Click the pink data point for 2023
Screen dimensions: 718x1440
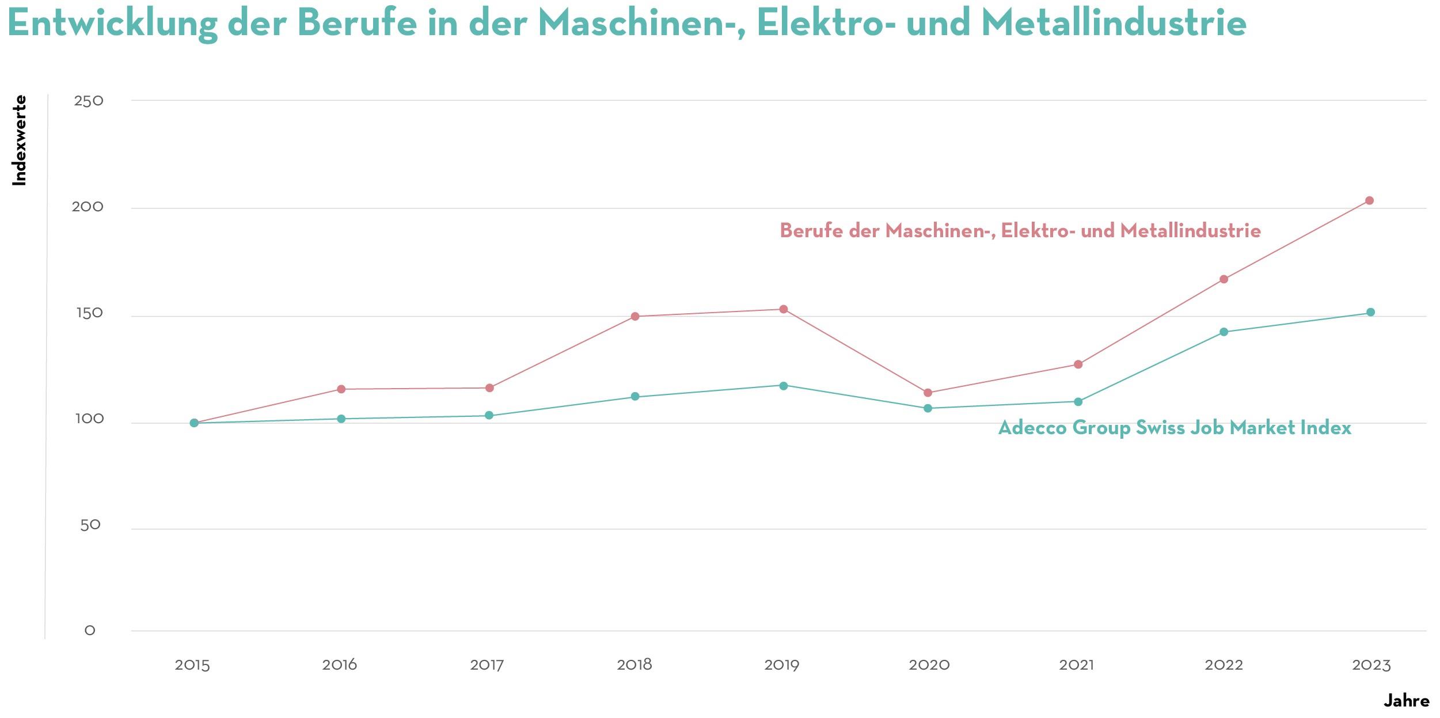[x=1369, y=200]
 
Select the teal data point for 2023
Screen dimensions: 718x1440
[x=1370, y=312]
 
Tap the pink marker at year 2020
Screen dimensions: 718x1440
[x=928, y=393]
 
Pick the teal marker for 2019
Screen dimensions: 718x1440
[x=784, y=386]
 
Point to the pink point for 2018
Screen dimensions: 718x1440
[x=635, y=316]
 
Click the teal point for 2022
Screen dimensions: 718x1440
[x=1224, y=332]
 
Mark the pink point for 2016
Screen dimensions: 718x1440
[x=341, y=389]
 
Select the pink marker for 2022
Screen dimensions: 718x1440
[x=1224, y=279]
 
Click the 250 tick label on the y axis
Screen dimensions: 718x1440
[x=89, y=101]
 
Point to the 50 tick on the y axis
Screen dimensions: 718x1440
[x=90, y=525]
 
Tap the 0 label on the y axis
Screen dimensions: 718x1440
[x=90, y=630]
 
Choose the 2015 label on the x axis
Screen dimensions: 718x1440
[x=192, y=665]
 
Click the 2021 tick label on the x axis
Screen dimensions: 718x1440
[x=1076, y=665]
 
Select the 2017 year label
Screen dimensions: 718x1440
[x=487, y=665]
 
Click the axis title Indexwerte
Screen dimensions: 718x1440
[x=20, y=140]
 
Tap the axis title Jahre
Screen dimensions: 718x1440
[x=1406, y=701]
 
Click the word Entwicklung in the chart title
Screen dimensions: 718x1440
[x=112, y=24]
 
